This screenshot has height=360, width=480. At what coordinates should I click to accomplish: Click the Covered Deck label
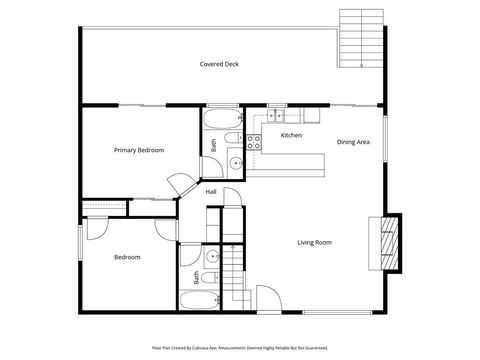coord(218,64)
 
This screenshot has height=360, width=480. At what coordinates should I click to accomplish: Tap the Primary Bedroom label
coord(139,150)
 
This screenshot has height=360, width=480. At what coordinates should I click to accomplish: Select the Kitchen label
coord(291,135)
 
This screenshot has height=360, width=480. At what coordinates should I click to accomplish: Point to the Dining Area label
coord(353,142)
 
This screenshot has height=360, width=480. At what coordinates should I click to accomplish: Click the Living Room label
coord(314,242)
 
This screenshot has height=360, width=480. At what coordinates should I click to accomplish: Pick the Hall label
coord(211,192)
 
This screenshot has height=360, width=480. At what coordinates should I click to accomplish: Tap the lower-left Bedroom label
coord(127,257)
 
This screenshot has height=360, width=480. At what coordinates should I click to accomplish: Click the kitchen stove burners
coord(254,143)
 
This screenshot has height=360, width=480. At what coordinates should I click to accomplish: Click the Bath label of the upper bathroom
coord(214,145)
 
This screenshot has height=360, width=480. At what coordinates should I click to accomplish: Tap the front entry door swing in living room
coord(269,298)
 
